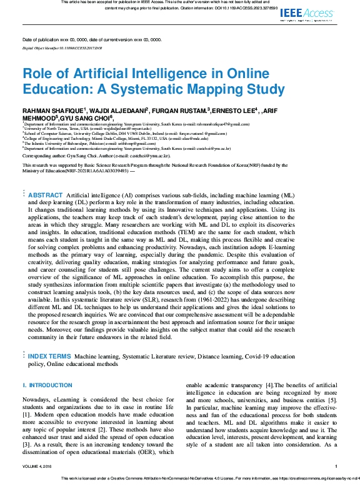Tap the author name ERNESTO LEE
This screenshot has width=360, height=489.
point(233,109)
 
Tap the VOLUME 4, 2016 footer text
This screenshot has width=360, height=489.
point(39,466)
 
